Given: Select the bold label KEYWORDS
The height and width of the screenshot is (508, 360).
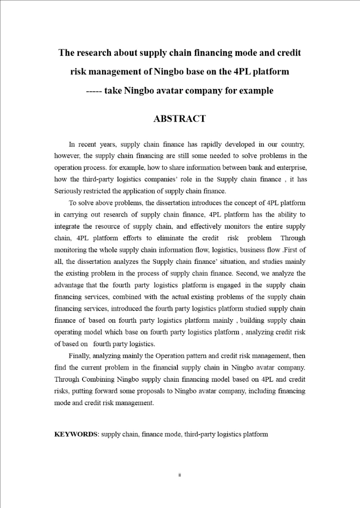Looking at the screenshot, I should (x=75, y=434).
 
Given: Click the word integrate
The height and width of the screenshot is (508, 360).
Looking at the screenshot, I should (x=66, y=226).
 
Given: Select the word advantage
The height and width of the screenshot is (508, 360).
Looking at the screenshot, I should (x=70, y=285).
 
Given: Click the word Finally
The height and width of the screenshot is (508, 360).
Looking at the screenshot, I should (x=79, y=355).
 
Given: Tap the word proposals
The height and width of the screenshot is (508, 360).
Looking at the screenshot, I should (x=147, y=391).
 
